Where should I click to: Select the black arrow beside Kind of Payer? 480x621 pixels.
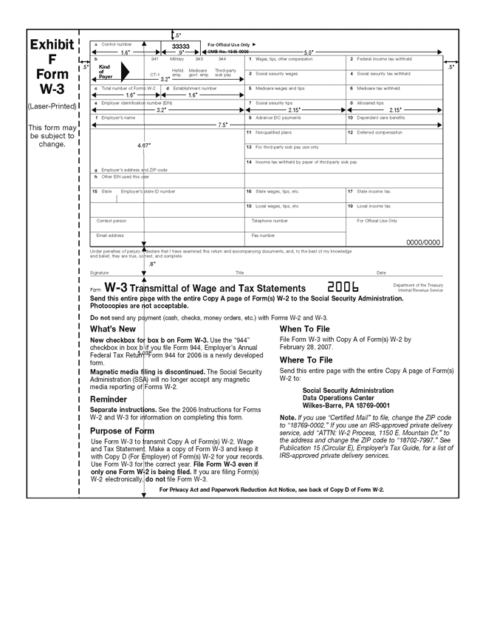point(124,71)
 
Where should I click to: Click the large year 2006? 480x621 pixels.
point(343,287)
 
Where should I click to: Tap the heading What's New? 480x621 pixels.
point(112,329)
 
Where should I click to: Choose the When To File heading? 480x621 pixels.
point(305,329)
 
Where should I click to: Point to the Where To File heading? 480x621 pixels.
point(306,360)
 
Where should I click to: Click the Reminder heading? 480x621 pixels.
point(109,399)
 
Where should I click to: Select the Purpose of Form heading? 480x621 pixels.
point(122,430)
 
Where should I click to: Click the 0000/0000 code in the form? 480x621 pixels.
point(423,242)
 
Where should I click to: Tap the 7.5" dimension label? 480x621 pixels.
point(222,126)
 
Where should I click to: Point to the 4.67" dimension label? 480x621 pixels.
point(144,145)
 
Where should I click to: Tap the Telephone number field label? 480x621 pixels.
point(270,220)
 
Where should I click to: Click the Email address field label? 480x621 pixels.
point(110,235)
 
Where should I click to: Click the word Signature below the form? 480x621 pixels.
point(99,273)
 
